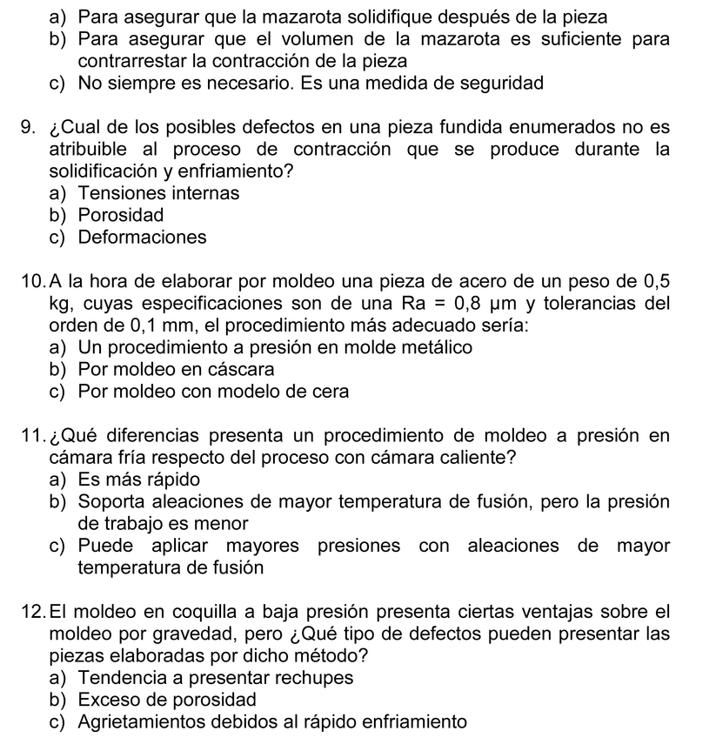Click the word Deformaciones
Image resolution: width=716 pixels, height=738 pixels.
point(142,237)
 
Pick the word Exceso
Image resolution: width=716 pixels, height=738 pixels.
point(106,700)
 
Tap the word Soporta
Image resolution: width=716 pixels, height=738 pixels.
point(110,501)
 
